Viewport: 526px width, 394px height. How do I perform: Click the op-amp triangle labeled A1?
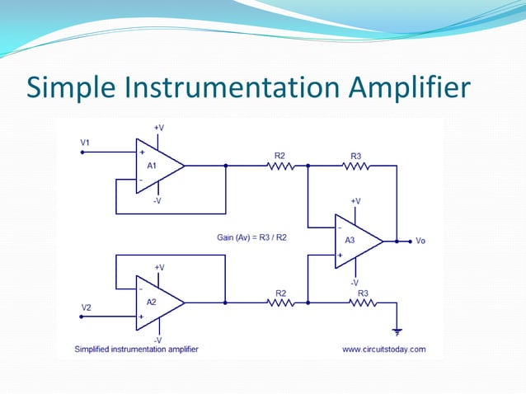pos(156,165)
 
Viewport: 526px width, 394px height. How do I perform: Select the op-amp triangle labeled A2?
pos(156,303)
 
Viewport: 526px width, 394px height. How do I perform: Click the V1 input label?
pos(85,143)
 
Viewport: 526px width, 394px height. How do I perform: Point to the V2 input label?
pos(86,307)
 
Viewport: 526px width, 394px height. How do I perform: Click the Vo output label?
pos(420,242)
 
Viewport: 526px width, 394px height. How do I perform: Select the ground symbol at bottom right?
pos(397,331)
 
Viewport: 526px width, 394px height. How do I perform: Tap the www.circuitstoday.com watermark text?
pos(384,349)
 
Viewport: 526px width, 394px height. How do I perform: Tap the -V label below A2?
pos(158,339)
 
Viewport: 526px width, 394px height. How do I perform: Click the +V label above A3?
pos(355,200)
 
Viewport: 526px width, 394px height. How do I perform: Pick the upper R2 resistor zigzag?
pos(280,165)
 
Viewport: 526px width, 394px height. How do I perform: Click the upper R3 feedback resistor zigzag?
pos(355,165)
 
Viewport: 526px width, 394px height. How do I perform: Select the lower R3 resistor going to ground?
pos(362,303)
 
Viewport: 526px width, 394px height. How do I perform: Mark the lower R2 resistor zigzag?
pos(280,303)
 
